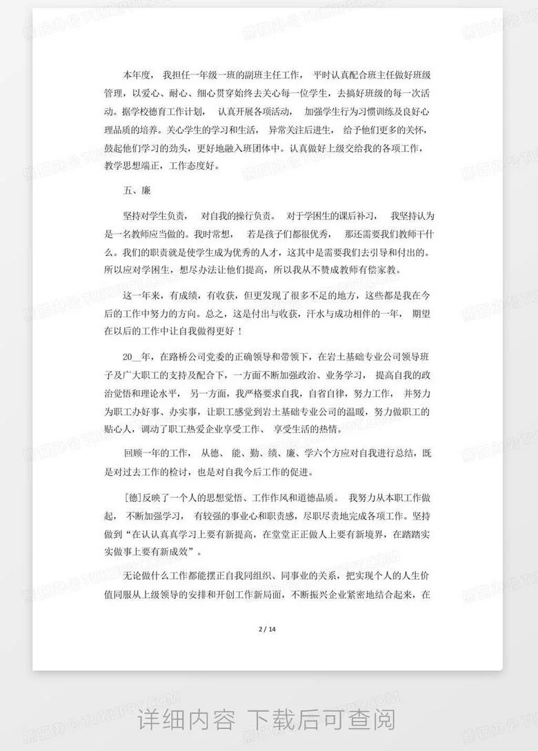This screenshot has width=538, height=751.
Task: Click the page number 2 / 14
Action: [267, 629]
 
